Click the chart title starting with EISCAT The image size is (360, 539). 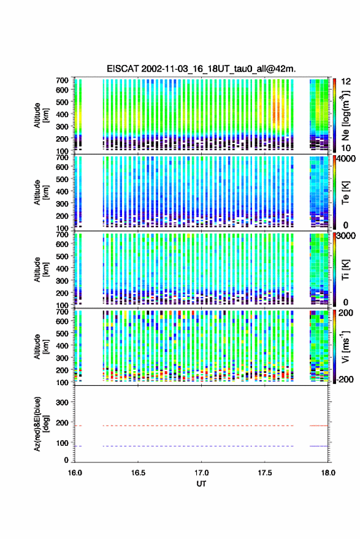(x=201, y=69)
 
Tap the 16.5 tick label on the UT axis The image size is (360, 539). (x=138, y=473)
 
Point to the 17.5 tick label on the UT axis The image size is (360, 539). (x=264, y=473)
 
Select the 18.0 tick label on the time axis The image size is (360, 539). (x=328, y=473)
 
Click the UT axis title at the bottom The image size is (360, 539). (x=201, y=484)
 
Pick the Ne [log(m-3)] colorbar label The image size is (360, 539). (x=345, y=115)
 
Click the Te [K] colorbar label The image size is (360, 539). (x=345, y=193)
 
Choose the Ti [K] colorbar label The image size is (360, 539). (x=345, y=270)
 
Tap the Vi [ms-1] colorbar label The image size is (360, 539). (x=345, y=346)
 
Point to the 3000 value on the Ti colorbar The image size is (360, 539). (x=345, y=236)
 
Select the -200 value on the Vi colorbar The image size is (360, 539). (x=344, y=380)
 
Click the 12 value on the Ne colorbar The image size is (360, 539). (x=347, y=82)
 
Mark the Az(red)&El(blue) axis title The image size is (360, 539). (x=41, y=424)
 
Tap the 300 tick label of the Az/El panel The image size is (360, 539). (x=62, y=402)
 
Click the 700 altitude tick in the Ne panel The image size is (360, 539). (x=62, y=80)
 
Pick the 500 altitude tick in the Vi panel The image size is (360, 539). (x=62, y=334)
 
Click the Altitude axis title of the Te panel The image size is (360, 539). (x=41, y=193)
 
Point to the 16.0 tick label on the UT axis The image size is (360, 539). (x=75, y=473)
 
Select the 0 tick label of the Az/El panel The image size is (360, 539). (x=66, y=461)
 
